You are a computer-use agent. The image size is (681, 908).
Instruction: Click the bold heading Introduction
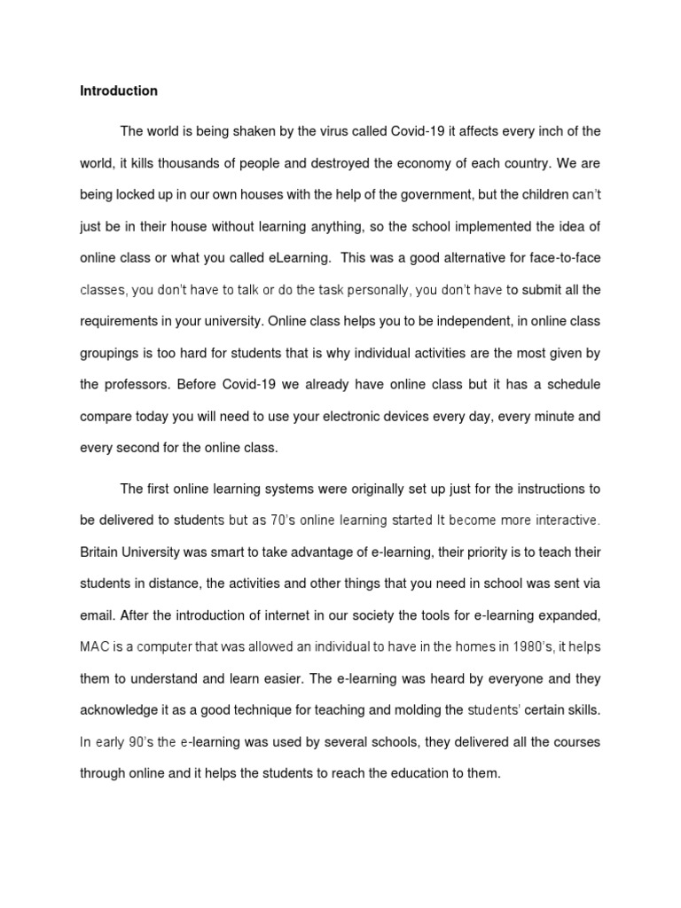(x=119, y=90)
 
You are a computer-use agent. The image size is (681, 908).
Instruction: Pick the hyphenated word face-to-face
(x=565, y=258)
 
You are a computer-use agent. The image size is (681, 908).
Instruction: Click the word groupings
(x=111, y=353)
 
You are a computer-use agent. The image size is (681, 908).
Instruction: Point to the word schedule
(x=564, y=385)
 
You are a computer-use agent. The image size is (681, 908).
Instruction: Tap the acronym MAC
(x=94, y=646)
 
